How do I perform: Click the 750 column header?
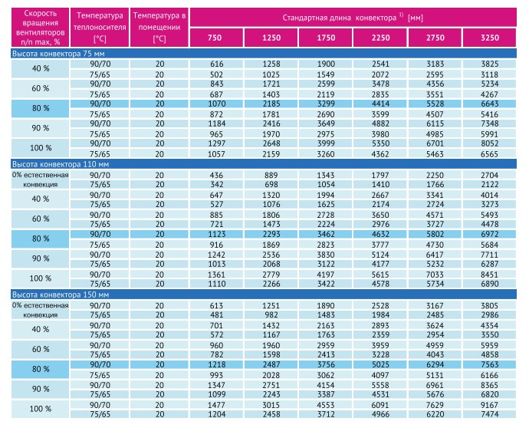tap(215, 38)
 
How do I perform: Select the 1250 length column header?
tap(271, 38)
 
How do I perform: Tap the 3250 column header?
tap(490, 38)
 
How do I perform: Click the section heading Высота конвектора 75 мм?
tap(58, 54)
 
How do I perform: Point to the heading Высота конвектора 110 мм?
tap(61, 164)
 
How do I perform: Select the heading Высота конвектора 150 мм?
tap(61, 295)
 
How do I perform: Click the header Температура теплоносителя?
tap(100, 27)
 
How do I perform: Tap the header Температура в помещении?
tap(159, 27)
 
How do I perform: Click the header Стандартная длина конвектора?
tap(353, 18)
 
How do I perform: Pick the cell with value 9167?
tap(490, 405)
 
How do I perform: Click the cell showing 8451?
tap(490, 275)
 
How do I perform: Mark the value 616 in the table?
tap(216, 64)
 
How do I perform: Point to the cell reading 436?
tap(216, 175)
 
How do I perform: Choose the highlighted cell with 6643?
tap(490, 104)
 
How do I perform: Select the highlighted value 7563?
tap(490, 364)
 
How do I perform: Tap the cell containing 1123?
tap(216, 234)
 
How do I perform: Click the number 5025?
tap(380, 364)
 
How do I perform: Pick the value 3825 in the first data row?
tap(490, 64)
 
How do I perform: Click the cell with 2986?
tap(490, 314)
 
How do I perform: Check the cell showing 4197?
tap(326, 275)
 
